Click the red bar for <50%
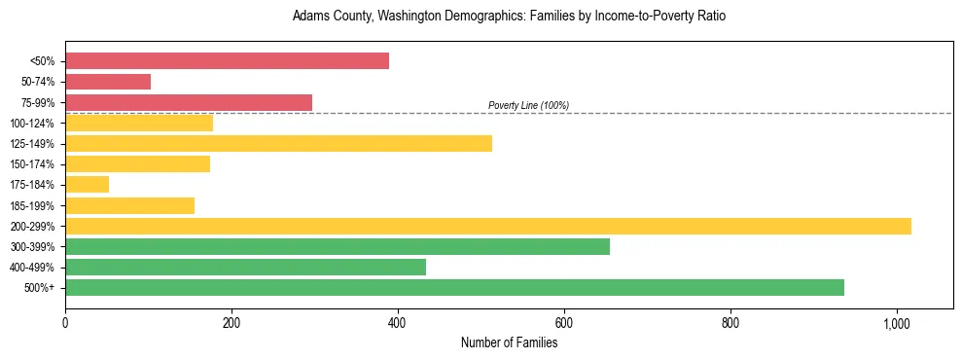point(227,61)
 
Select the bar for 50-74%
point(108,82)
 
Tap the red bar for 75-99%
point(189,102)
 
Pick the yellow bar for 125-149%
point(278,143)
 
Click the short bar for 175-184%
point(87,185)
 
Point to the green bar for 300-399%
point(338,246)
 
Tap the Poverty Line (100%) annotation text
point(528,105)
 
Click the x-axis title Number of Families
point(509,342)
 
